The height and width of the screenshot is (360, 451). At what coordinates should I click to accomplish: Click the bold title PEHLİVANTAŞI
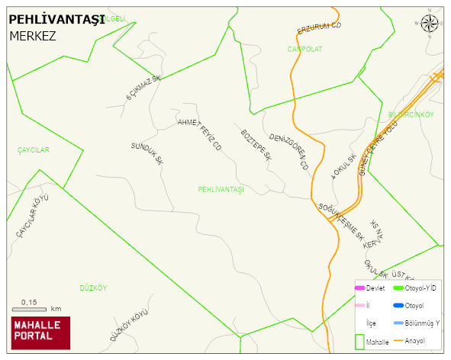coord(56,21)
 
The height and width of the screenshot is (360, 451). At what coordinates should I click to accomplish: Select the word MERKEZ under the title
coord(33,36)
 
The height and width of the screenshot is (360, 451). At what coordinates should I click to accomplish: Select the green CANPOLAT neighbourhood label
coord(304,49)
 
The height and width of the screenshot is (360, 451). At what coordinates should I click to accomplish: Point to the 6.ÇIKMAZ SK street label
coord(144,88)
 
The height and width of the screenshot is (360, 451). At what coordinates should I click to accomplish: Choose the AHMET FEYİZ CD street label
coord(199,134)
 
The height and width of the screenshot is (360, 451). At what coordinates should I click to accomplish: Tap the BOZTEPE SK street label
coord(256,145)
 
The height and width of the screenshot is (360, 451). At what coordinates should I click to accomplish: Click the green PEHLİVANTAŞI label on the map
coord(220,189)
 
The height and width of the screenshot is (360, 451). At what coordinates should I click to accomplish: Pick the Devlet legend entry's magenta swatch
coord(359,288)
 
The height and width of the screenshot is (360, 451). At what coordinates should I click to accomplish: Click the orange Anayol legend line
coord(398,340)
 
